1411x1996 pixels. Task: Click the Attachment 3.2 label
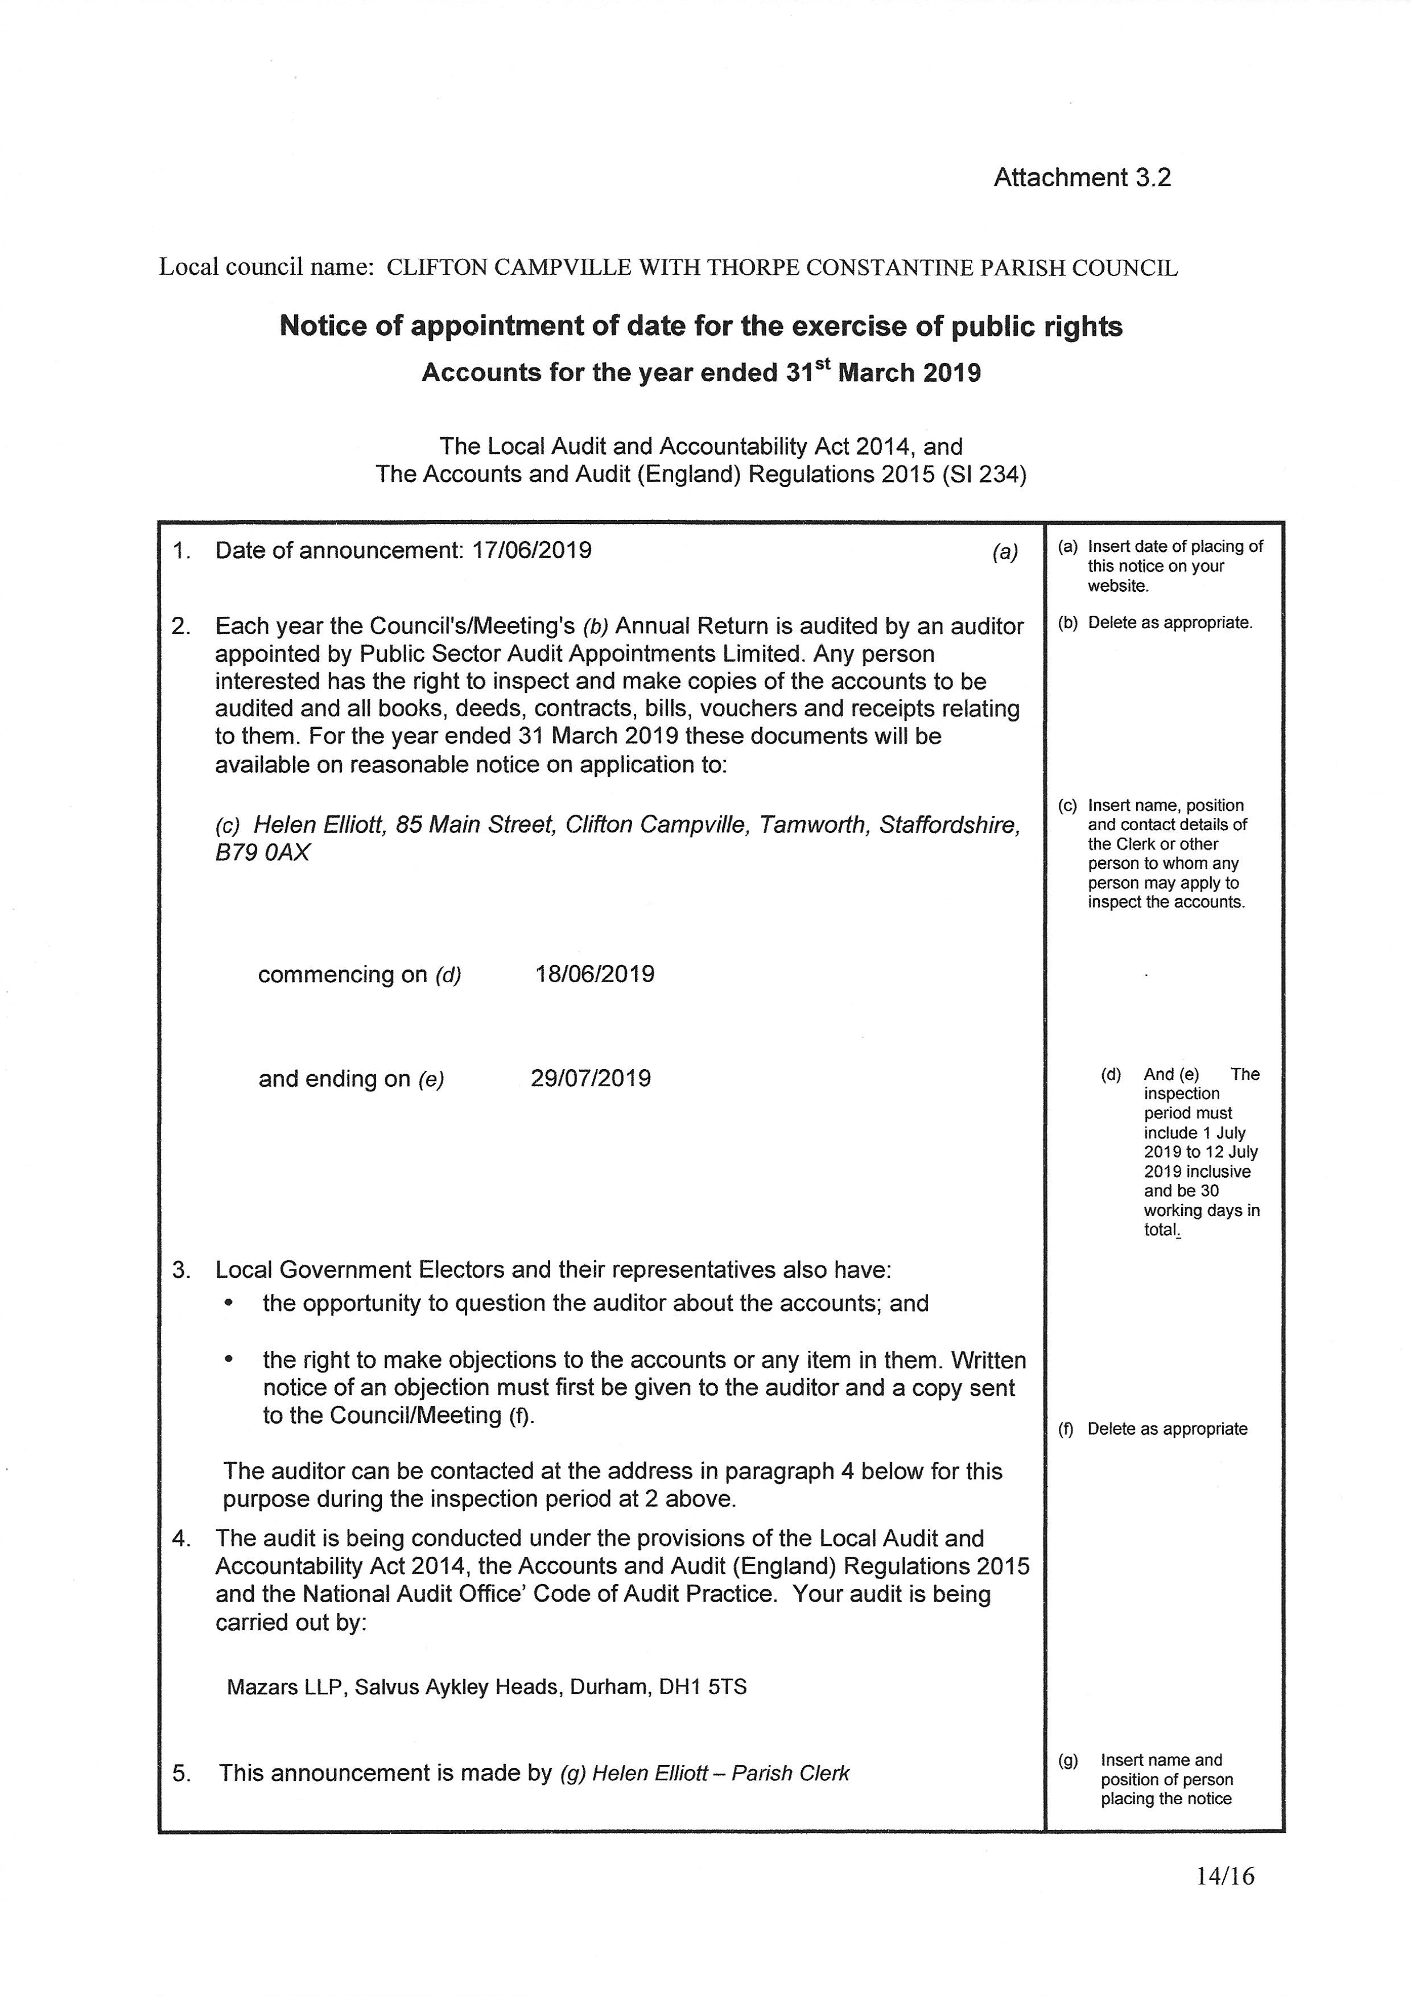(x=1082, y=178)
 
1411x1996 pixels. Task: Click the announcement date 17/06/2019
(x=531, y=550)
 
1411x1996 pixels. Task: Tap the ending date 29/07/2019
(x=591, y=1078)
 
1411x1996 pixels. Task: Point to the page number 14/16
(x=1225, y=1900)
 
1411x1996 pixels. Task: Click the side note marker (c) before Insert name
(x=1067, y=805)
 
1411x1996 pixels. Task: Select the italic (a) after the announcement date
(x=1005, y=552)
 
